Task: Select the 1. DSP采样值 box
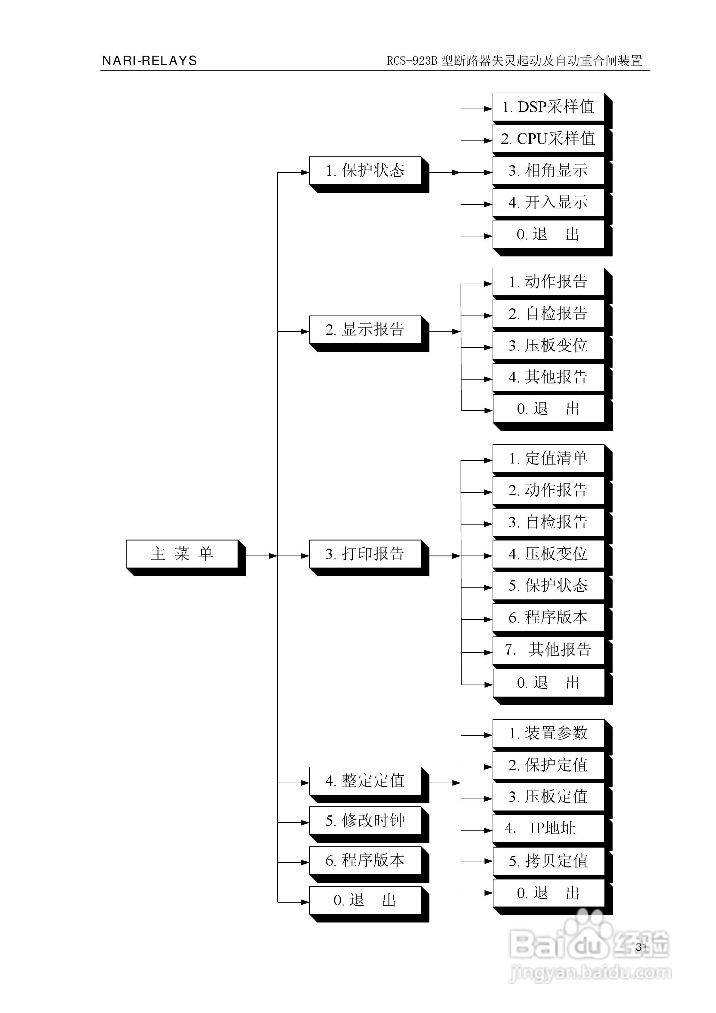(549, 107)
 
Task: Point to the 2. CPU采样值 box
(549, 139)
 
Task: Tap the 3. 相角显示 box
(549, 171)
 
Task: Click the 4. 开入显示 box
(549, 202)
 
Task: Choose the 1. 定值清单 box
(549, 459)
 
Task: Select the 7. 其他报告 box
(549, 650)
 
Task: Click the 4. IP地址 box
(549, 829)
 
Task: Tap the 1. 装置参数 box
(549, 733)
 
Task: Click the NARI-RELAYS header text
(149, 60)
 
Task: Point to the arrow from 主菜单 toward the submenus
(261, 556)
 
